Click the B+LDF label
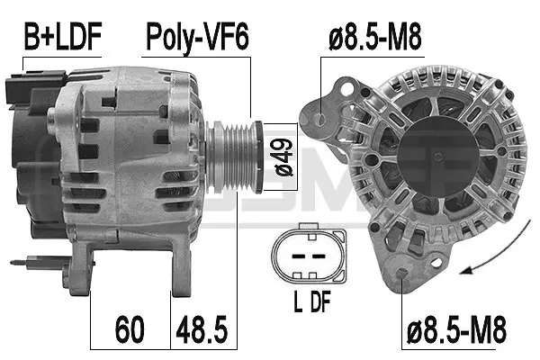[60, 37]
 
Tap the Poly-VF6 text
[197, 37]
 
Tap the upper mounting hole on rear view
[323, 116]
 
